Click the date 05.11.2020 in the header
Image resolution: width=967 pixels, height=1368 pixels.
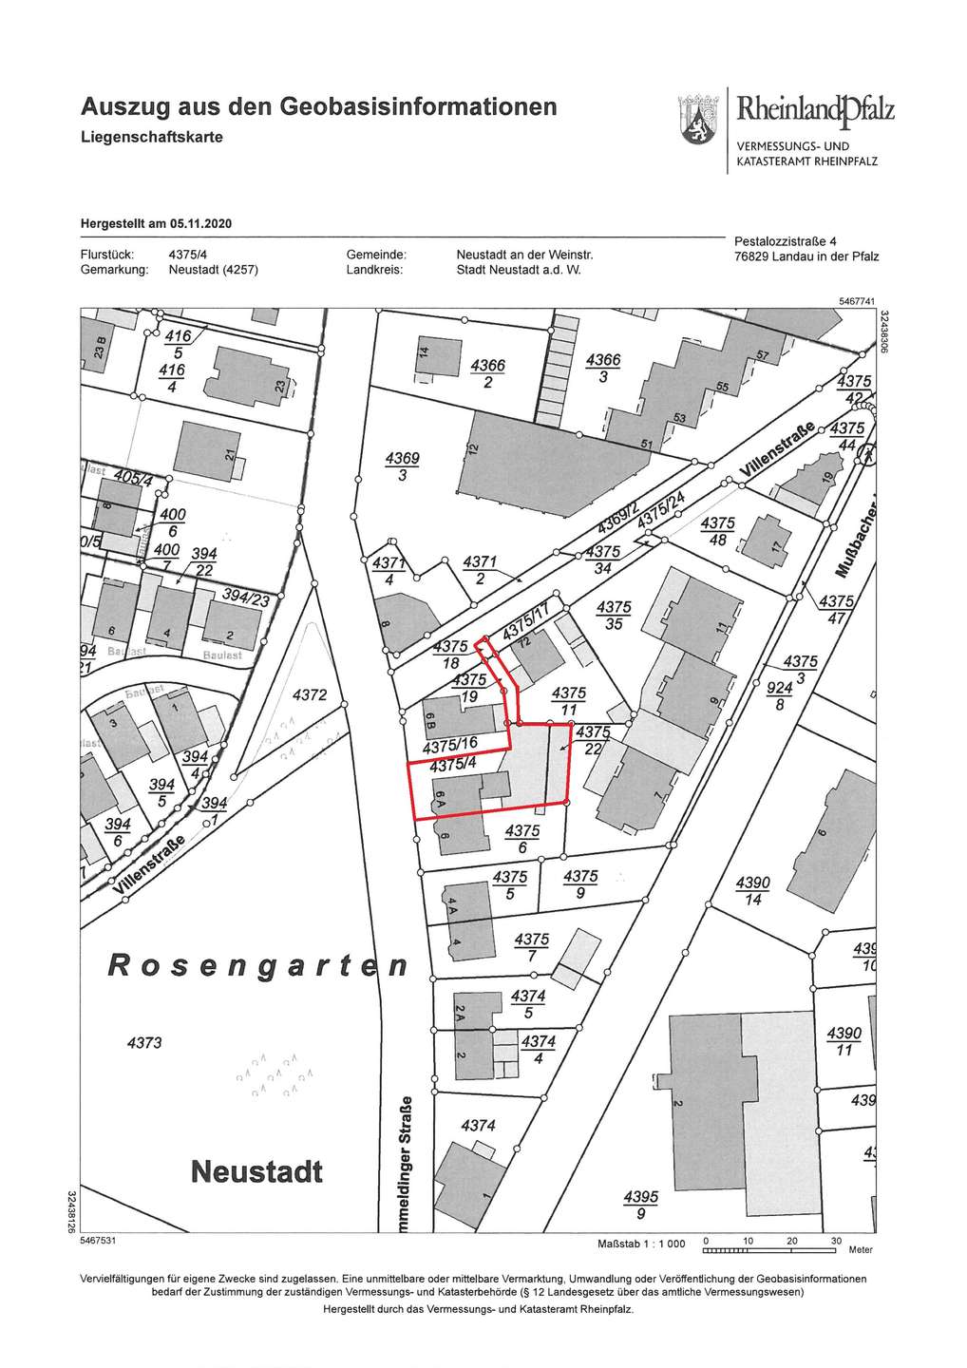point(200,224)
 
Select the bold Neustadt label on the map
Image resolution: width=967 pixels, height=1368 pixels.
point(256,1170)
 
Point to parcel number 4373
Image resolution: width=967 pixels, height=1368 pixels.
point(144,1042)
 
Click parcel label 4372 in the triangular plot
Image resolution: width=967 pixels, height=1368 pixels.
point(308,695)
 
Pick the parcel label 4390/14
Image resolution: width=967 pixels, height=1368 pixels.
point(753,890)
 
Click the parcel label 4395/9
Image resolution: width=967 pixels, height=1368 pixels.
point(641,1204)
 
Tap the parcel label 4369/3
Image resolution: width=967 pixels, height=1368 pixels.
point(402,466)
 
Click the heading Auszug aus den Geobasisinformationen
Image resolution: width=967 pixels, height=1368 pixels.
point(318,105)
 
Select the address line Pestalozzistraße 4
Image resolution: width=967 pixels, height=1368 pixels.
point(785,241)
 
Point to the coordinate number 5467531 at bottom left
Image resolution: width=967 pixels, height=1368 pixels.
point(98,1241)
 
